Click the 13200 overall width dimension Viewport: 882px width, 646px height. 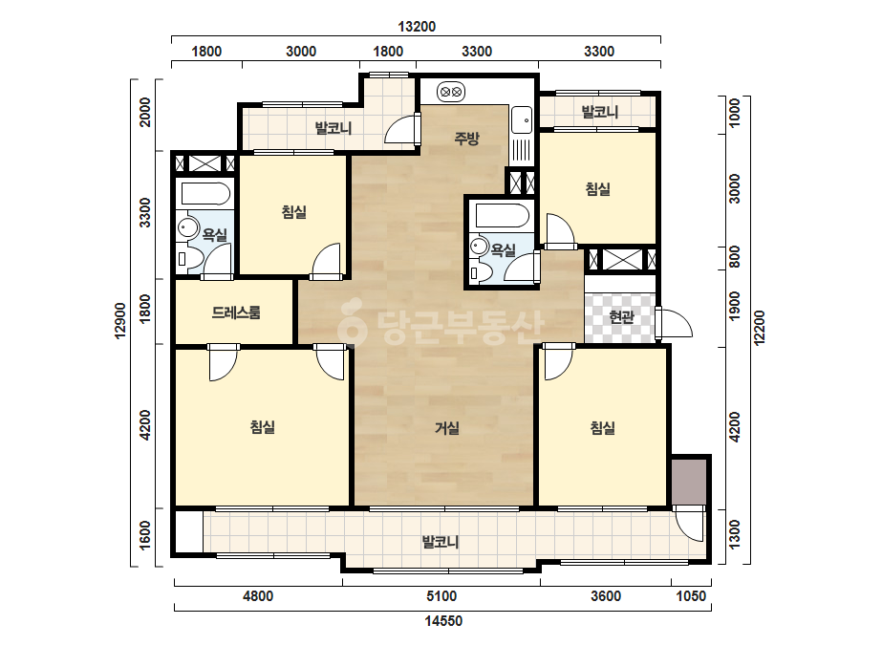point(417,27)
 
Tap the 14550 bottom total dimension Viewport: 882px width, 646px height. point(443,621)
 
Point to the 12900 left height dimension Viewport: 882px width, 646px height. point(120,321)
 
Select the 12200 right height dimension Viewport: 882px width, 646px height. point(759,328)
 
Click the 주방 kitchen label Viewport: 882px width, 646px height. point(467,138)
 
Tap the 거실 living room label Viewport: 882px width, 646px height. point(447,428)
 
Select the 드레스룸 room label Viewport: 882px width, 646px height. point(236,312)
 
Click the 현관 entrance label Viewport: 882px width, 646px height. point(621,317)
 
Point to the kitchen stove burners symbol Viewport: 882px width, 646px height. point(451,91)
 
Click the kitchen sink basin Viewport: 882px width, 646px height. point(522,119)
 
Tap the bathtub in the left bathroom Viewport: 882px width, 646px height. point(205,194)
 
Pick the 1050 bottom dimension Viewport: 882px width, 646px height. point(690,596)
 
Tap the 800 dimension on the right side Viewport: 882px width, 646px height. point(734,257)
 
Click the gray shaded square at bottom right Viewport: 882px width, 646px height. point(689,482)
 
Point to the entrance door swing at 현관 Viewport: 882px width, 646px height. point(675,325)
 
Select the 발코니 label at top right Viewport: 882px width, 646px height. point(599,112)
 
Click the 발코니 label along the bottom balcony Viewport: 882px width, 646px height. point(441,542)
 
